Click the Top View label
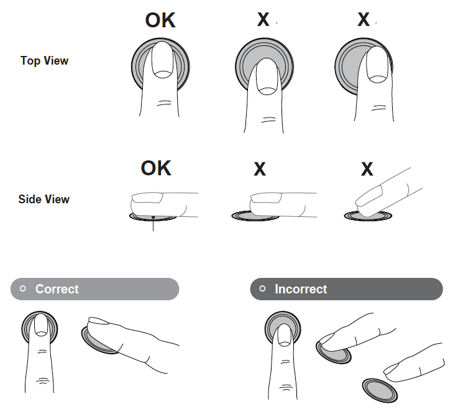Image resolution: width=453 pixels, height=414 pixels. coord(45,61)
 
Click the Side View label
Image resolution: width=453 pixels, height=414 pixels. coord(44,199)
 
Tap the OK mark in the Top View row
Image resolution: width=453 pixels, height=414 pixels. coord(160,21)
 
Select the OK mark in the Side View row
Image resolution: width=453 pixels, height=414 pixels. coord(156,168)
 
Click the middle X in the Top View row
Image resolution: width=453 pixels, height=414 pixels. coord(263,19)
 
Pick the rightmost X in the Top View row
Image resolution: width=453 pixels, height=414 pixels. coord(364,19)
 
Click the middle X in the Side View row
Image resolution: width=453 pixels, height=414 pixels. coord(260,169)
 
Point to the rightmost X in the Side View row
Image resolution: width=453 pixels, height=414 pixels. coord(367,169)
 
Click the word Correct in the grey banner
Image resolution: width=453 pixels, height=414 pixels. coord(57,289)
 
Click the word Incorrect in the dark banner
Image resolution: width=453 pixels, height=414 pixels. coord(301,289)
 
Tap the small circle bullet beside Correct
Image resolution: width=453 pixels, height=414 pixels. coord(23,288)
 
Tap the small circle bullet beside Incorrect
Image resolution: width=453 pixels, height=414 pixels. coord(262,288)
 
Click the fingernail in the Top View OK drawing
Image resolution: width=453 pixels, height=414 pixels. coord(163,60)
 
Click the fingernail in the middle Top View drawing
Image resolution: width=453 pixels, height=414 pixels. coord(267,76)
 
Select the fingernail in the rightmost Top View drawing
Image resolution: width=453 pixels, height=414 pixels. coord(377,65)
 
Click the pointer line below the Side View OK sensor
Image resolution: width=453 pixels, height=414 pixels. coord(153,224)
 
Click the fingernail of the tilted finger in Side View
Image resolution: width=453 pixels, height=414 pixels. coord(370,195)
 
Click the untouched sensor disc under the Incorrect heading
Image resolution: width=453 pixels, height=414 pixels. coord(380,390)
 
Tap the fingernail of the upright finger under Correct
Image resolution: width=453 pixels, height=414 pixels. coord(41,324)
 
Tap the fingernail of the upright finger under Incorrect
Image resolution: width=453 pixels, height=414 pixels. coord(284,335)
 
